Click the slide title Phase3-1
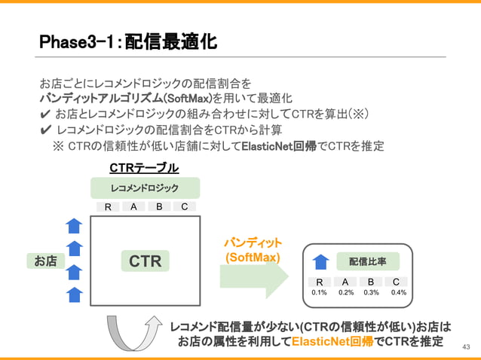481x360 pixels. coord(128,42)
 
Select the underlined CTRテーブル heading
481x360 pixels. coord(144,167)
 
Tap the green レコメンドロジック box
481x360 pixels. coord(145,188)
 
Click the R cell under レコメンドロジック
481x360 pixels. coord(108,207)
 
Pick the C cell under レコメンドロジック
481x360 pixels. coord(184,206)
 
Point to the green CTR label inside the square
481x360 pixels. coord(145,261)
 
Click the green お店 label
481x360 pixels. coord(44,261)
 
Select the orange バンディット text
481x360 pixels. coord(253,243)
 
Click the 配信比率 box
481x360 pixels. coord(367,261)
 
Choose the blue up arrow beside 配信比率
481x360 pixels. coord(320,261)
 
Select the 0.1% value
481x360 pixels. coord(319,293)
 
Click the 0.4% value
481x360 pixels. coord(399,293)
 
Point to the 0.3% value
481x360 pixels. coord(372,293)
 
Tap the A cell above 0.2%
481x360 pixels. coord(345,282)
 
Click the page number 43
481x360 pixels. coord(465,346)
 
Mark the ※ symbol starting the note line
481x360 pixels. coord(58,146)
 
